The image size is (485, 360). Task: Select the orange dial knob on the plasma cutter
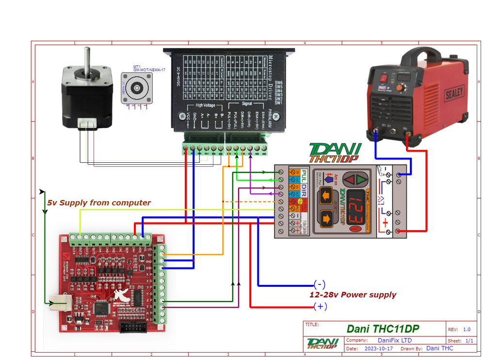[400, 88]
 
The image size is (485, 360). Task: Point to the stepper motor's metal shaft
[88, 58]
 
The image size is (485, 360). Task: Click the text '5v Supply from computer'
[98, 203]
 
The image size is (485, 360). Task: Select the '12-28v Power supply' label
[353, 295]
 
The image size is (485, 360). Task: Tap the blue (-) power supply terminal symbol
[319, 284]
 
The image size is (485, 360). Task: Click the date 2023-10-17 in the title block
[379, 348]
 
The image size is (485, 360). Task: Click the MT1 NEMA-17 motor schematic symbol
[135, 88]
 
